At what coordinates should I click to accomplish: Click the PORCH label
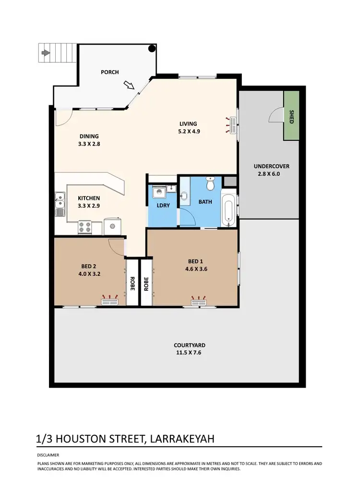109,72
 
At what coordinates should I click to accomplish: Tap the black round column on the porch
152,48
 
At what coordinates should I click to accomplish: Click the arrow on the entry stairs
46,53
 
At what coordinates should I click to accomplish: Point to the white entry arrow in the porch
128,85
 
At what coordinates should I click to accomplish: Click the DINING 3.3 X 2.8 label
89,140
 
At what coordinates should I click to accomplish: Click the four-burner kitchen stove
85,226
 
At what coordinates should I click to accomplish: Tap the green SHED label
291,117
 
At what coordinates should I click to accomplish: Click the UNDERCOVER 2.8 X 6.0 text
272,170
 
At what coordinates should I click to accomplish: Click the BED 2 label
90,267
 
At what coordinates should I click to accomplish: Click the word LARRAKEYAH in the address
183,439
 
